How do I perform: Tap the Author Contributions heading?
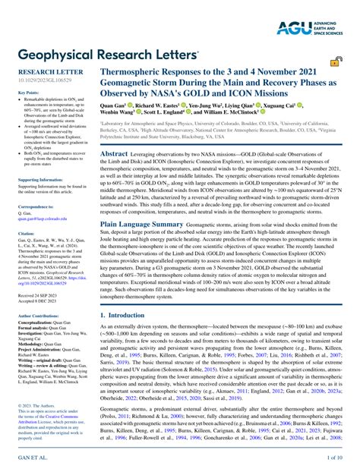[x=43, y=313]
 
